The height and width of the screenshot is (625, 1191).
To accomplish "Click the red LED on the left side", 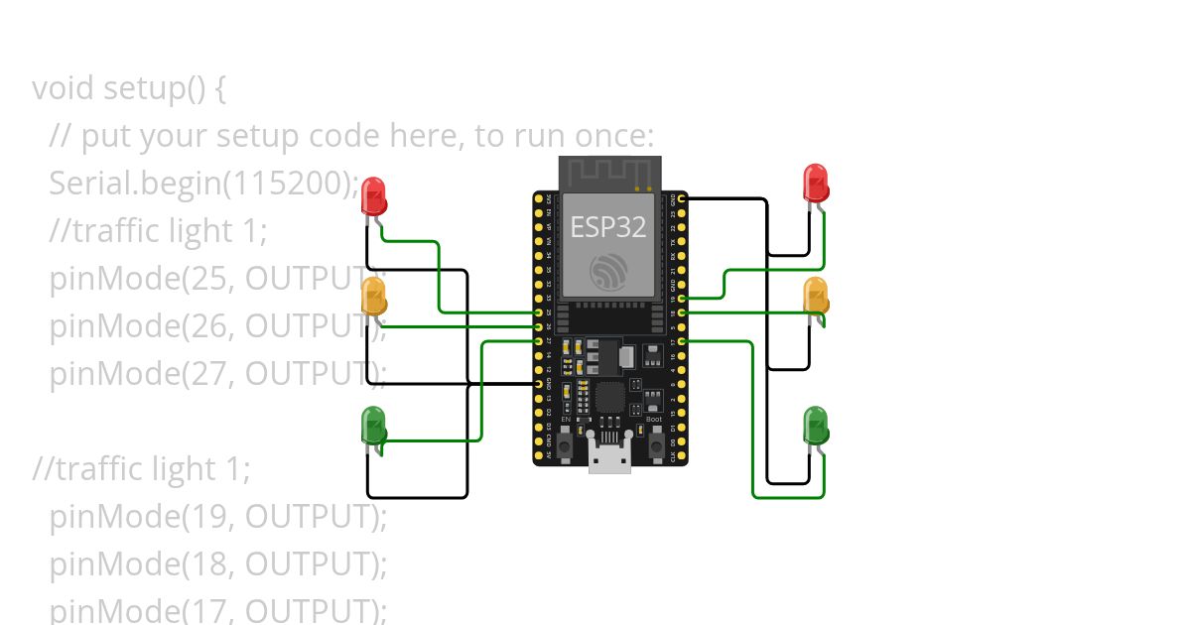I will [373, 195].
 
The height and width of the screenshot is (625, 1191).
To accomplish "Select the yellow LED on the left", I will [373, 297].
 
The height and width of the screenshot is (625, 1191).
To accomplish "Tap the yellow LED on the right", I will [815, 296].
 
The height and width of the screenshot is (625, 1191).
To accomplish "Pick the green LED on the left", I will [373, 425].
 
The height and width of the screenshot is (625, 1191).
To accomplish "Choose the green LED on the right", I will [815, 425].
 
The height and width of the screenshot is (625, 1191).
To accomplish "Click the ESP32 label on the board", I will [607, 227].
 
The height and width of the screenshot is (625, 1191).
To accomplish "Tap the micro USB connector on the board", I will [608, 457].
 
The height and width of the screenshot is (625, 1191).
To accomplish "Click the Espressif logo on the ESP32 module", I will [607, 271].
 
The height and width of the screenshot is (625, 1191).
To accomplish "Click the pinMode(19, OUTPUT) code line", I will [217, 517].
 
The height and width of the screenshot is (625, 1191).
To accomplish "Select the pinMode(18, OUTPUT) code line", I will [217, 563].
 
